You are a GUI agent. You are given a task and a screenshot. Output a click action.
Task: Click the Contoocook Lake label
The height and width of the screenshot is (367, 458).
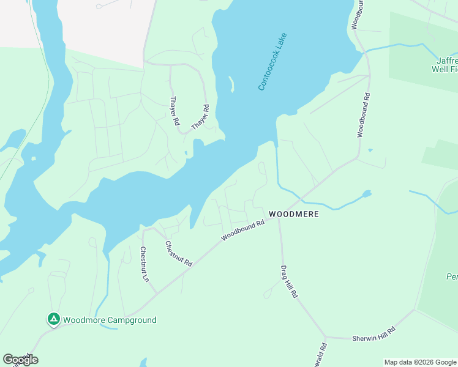click(x=272, y=62)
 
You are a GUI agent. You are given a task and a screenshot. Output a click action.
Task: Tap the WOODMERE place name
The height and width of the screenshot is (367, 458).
click(x=293, y=215)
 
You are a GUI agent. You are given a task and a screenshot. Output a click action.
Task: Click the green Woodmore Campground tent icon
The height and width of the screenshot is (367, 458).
click(x=53, y=319)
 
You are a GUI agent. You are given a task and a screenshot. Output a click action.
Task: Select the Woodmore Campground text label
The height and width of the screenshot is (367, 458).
click(x=110, y=320)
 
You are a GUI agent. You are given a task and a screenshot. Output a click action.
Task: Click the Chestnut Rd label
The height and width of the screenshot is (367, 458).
click(x=179, y=253)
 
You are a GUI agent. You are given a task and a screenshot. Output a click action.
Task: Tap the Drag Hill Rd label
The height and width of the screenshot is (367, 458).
click(x=289, y=281)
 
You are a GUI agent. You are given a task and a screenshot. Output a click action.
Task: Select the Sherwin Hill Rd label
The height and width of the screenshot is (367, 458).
click(x=374, y=333)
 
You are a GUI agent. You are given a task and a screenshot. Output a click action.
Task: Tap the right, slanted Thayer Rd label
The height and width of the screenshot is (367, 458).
click(x=200, y=117)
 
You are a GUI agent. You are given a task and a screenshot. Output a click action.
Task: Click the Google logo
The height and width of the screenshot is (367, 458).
click(x=20, y=360)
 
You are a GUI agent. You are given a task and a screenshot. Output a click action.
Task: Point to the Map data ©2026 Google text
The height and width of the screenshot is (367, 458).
click(x=420, y=362)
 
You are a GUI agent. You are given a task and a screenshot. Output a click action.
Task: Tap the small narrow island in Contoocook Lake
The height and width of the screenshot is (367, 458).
click(x=231, y=84)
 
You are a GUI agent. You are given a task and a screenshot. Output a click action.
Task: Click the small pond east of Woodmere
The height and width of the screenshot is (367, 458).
click(x=366, y=195)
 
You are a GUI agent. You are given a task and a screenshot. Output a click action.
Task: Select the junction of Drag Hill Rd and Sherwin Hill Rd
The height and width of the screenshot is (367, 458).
click(x=326, y=337)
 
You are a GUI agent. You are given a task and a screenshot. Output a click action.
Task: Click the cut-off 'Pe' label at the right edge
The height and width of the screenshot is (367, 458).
click(x=452, y=276)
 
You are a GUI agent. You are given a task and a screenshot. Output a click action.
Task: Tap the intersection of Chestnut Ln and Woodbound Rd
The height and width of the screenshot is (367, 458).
click(x=157, y=293)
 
